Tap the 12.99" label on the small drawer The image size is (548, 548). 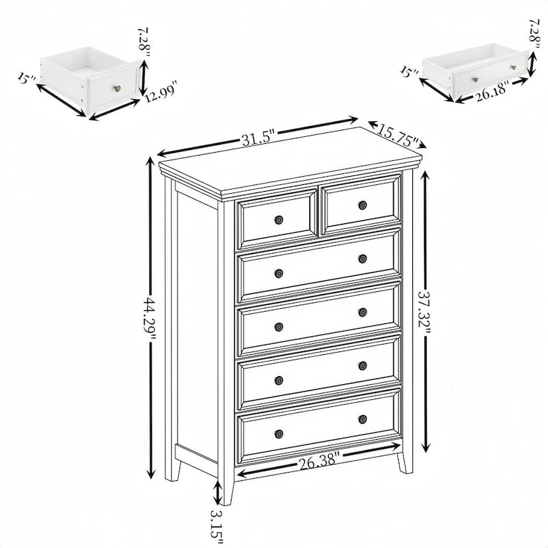161,91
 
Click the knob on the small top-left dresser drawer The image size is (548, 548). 279,220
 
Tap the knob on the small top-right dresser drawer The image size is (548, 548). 362,205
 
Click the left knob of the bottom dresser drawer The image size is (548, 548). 279,434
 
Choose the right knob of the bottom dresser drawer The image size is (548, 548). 362,419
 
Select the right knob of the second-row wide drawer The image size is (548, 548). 362,258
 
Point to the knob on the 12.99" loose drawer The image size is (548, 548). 117,88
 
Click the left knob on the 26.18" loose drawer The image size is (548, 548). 475,79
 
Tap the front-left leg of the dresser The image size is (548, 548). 227,490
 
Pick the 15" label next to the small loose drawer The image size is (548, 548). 26,78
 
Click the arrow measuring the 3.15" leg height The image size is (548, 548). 218,492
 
